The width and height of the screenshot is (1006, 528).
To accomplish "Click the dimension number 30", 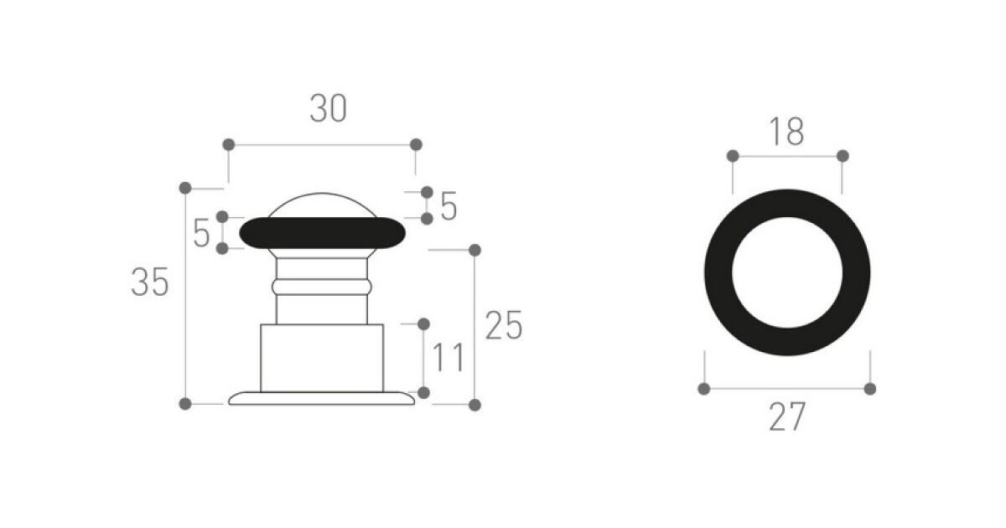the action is (x=329, y=108).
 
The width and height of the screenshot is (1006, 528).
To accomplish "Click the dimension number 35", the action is (x=150, y=282).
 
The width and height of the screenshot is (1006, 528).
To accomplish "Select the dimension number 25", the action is (x=504, y=325).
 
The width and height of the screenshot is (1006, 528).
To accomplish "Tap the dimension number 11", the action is (x=448, y=357).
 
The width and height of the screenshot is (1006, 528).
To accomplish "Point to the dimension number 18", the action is (x=786, y=132).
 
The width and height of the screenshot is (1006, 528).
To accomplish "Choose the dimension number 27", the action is (x=787, y=417).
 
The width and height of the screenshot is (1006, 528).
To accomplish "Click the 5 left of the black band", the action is (x=201, y=233).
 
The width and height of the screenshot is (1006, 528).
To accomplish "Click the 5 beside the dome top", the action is (x=449, y=206).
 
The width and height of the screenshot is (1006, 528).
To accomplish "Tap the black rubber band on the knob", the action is (x=323, y=233).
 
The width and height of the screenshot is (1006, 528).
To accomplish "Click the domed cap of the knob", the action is (x=322, y=204).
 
